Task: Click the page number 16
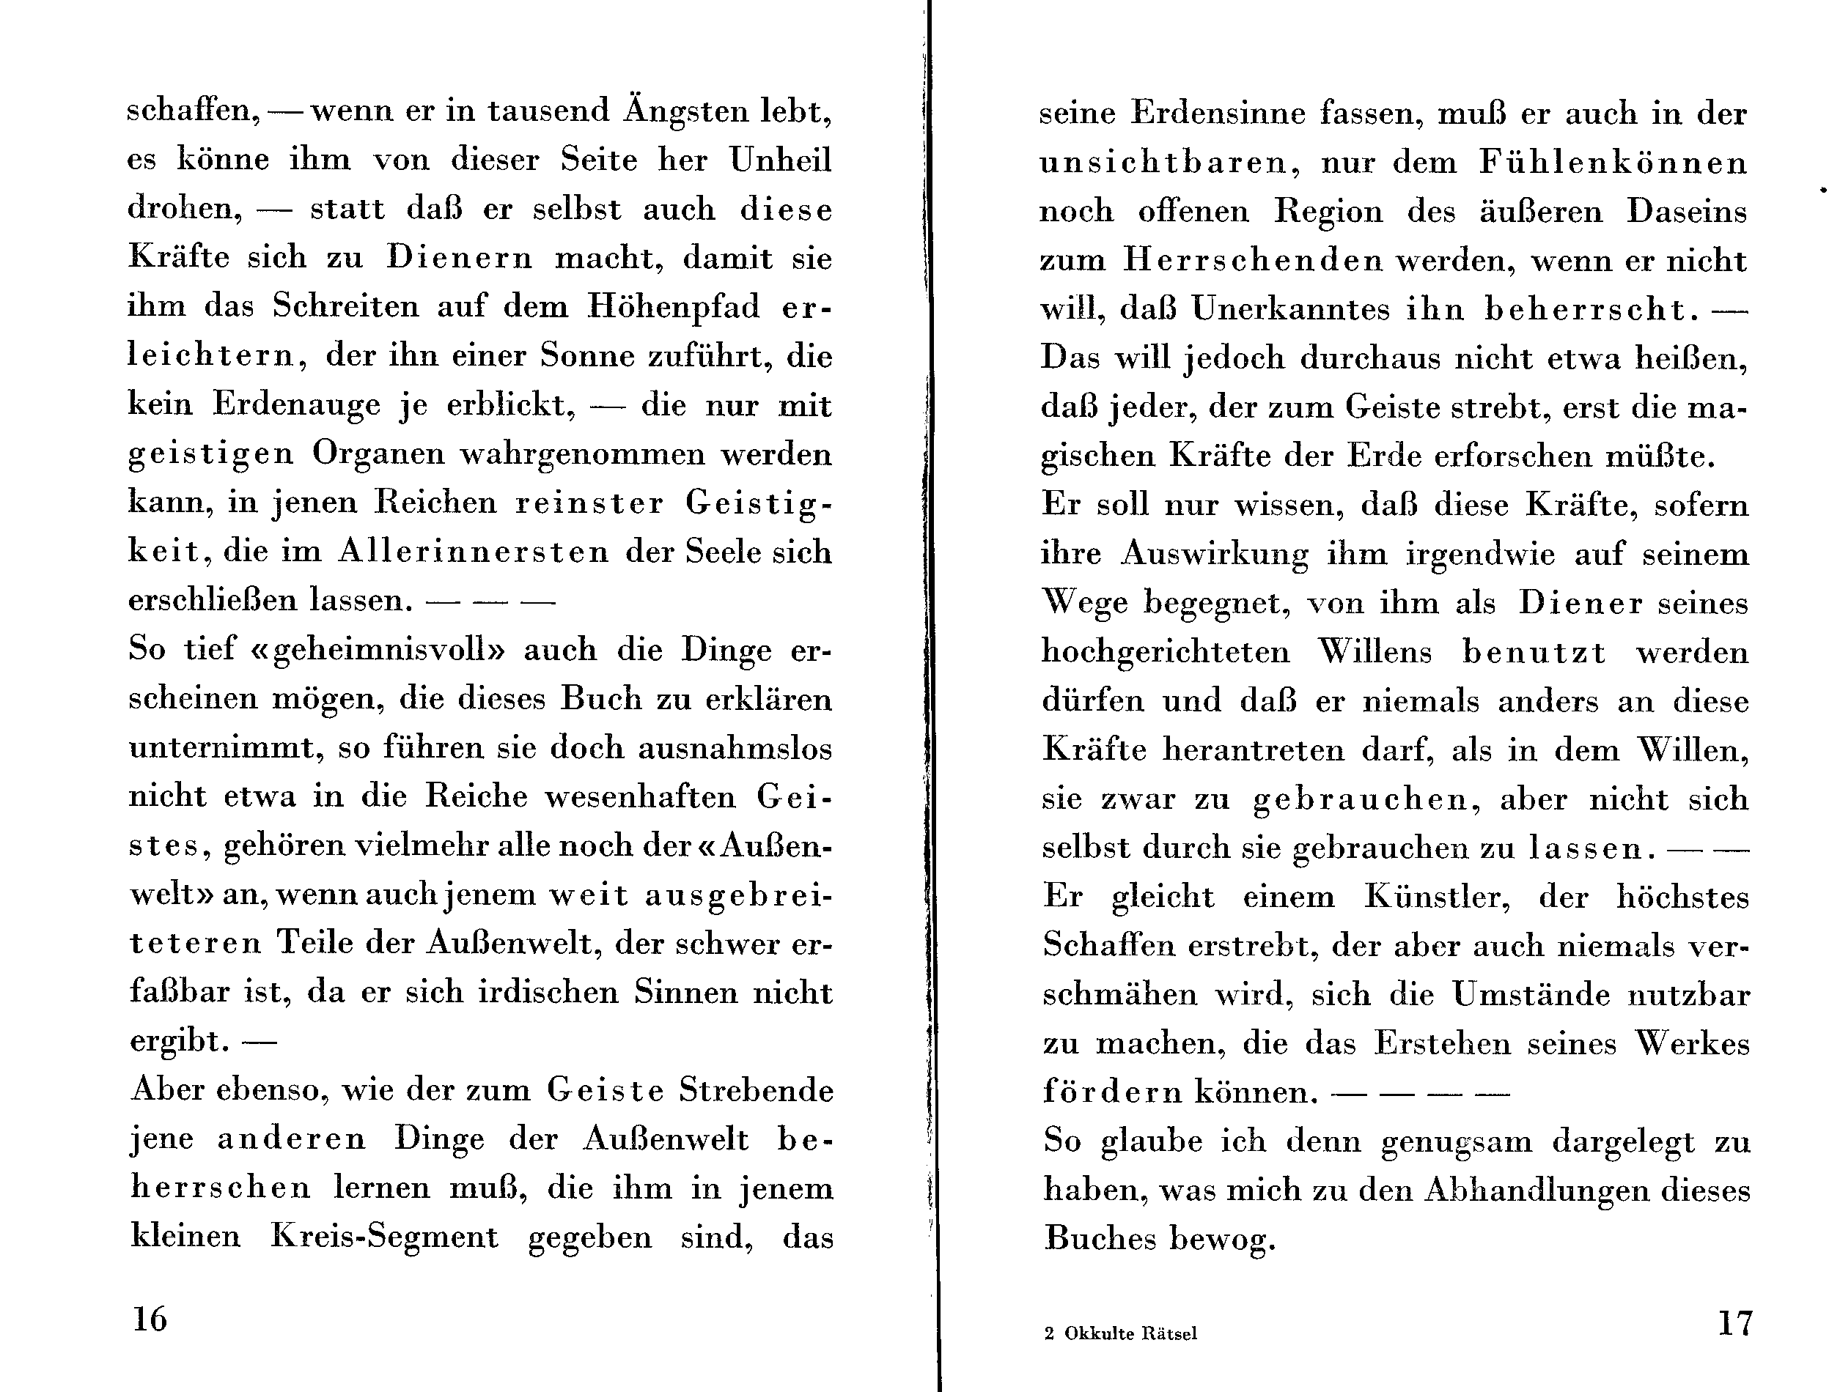(150, 1319)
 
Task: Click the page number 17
(1735, 1322)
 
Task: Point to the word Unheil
(781, 160)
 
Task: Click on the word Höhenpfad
(673, 307)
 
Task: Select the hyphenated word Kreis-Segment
(384, 1237)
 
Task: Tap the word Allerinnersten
(474, 552)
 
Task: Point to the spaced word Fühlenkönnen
(1613, 162)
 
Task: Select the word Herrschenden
(1253, 260)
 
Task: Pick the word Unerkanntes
(1289, 309)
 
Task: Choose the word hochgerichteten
(1166, 652)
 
